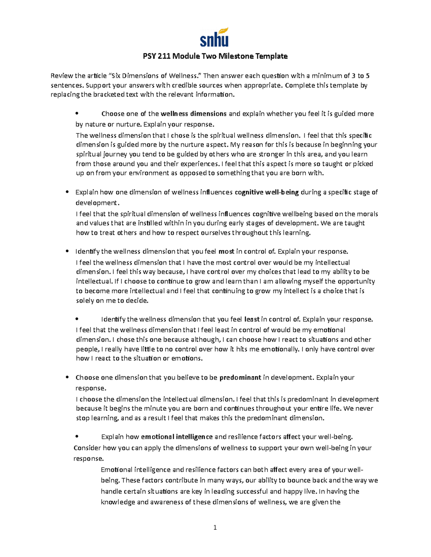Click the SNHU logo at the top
click(x=214, y=37)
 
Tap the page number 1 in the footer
click(x=215, y=527)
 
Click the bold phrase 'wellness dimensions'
click(x=194, y=114)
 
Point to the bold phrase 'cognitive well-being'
click(x=267, y=192)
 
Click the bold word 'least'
click(x=252, y=319)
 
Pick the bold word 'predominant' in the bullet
click(x=240, y=377)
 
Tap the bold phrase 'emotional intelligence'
click(x=177, y=436)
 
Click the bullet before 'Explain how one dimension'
click(x=67, y=192)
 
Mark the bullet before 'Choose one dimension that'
click(x=67, y=377)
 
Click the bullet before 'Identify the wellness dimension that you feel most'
click(x=67, y=251)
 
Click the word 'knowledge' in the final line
click(x=118, y=502)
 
